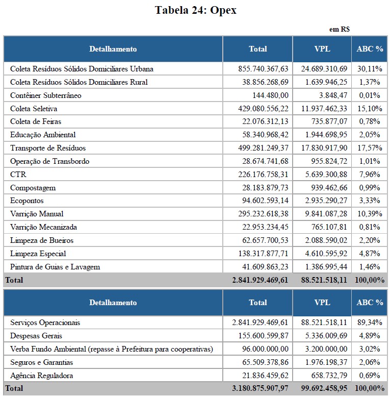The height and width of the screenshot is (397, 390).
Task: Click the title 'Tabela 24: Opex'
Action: [x=196, y=10]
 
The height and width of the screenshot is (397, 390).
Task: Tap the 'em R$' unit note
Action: [x=339, y=30]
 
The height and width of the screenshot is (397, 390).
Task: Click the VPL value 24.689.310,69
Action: [x=322, y=69]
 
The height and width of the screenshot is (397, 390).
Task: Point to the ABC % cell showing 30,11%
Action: [x=370, y=69]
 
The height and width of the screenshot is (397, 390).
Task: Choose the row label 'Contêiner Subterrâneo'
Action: [x=46, y=95]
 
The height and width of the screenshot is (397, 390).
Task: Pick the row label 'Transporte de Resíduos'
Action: [x=48, y=148]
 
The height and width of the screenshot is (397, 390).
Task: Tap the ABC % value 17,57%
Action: [x=370, y=148]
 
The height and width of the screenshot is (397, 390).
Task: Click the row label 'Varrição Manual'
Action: [x=37, y=214]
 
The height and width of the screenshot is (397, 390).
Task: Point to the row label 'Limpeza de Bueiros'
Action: [x=42, y=240]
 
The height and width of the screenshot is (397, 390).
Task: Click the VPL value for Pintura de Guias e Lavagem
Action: [x=324, y=267]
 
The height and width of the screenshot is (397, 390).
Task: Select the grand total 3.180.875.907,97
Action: [x=260, y=388]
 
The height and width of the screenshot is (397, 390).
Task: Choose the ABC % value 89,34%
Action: [x=370, y=323]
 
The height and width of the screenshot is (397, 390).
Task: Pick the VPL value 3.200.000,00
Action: [x=324, y=349]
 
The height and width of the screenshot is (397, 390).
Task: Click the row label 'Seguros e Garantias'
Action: [x=42, y=362]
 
